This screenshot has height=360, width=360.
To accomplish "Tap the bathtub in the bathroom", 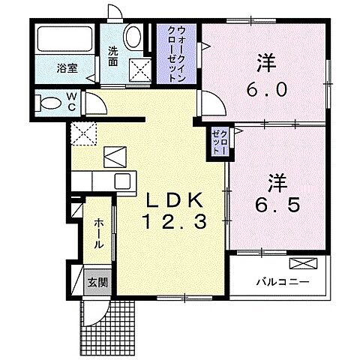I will tap(61, 40).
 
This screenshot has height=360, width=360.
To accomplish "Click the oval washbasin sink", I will tap(133, 37).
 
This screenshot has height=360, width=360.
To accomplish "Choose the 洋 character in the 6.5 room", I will tap(278, 181).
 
